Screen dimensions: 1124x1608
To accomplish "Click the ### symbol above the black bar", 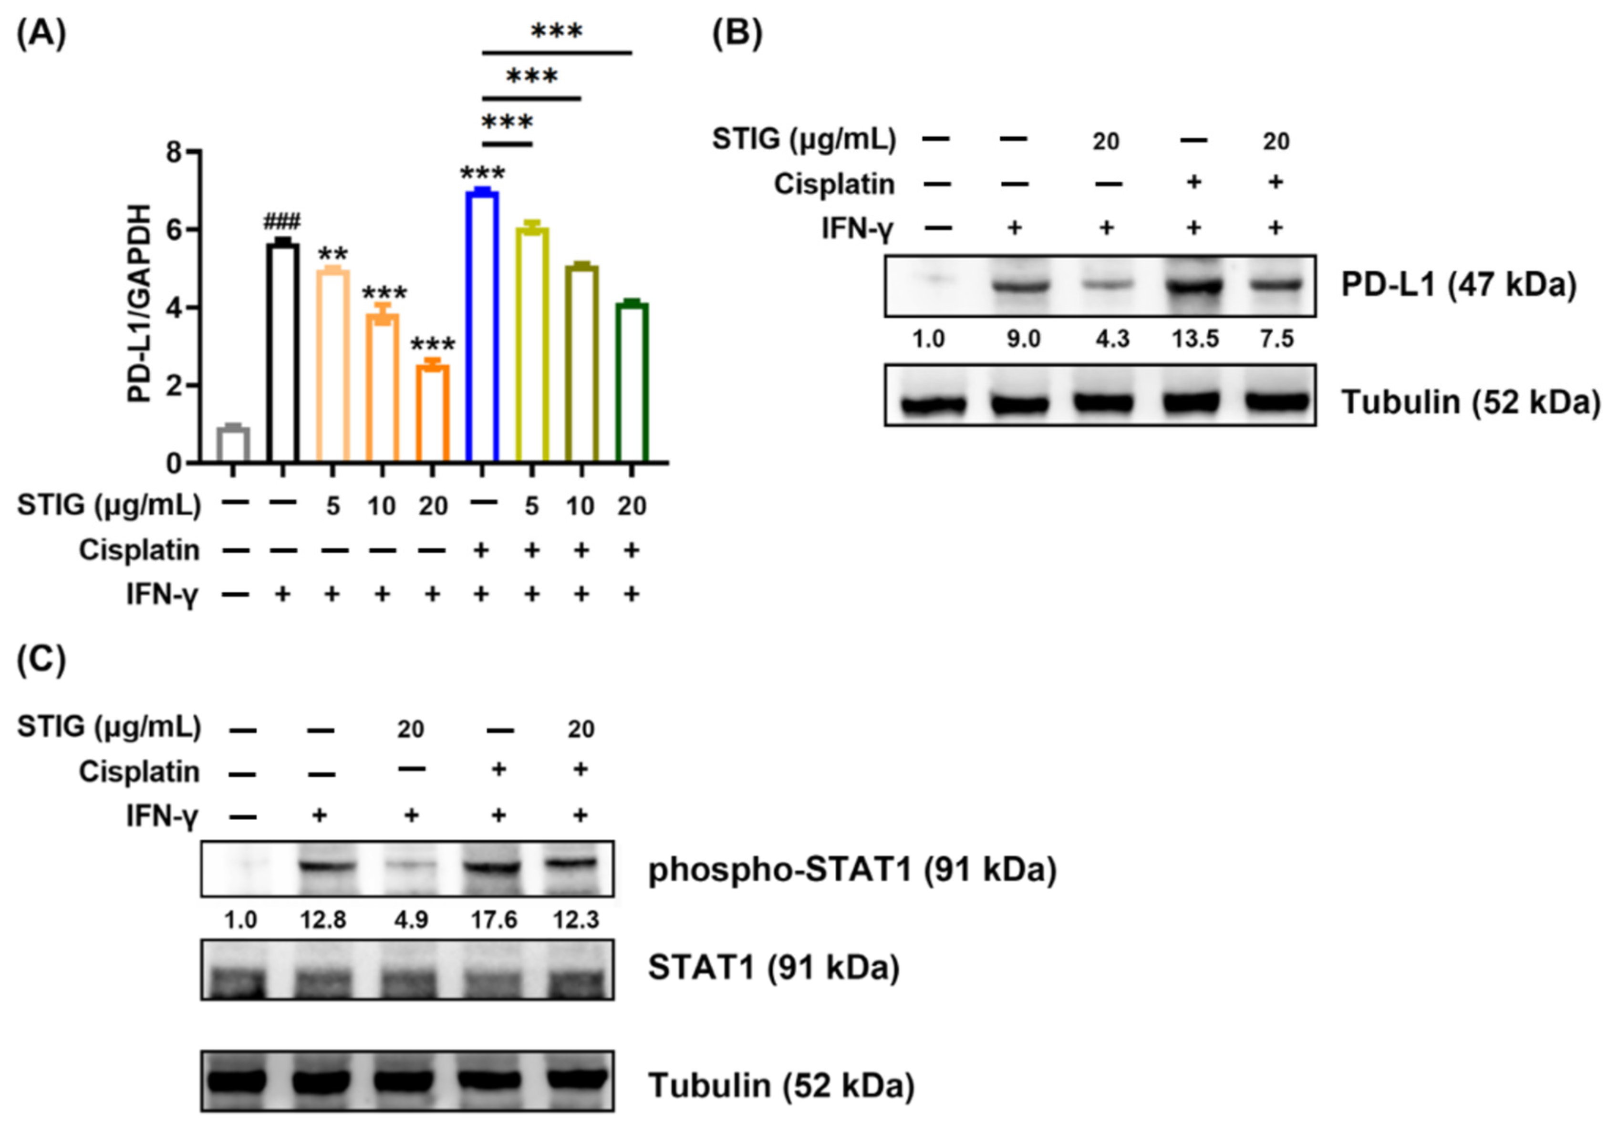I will [x=282, y=223].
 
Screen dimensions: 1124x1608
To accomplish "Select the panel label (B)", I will [x=737, y=33].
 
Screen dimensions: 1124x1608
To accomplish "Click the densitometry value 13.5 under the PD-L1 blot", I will [x=1195, y=340].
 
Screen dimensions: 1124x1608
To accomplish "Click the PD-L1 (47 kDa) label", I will [x=1458, y=286].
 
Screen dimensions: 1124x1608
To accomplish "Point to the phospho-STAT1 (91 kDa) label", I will [x=851, y=870].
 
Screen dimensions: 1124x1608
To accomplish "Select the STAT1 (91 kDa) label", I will [x=773, y=968].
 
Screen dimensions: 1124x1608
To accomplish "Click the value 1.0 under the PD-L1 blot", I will [x=929, y=340].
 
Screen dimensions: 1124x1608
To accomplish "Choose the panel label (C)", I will [x=41, y=659].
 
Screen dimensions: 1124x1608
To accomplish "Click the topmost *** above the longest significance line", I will [x=556, y=31].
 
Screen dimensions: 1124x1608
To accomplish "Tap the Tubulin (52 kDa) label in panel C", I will [x=781, y=1085].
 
